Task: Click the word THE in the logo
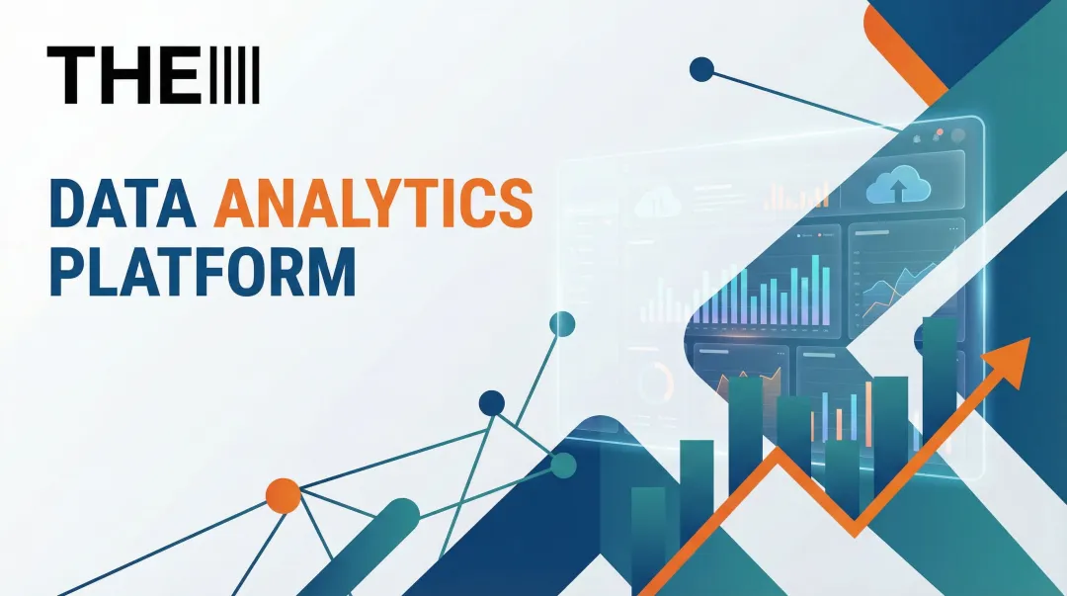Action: pos(123,75)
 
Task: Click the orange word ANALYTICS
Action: pos(373,204)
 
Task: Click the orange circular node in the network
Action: pos(283,495)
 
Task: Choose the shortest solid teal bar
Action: pos(648,534)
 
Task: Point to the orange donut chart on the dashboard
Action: pos(653,382)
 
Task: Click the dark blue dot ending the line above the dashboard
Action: pos(700,69)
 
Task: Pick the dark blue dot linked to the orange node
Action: pos(491,402)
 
